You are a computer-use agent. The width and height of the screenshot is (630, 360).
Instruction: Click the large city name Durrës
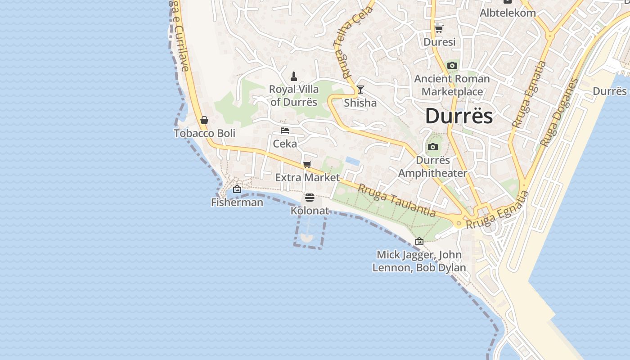(459, 116)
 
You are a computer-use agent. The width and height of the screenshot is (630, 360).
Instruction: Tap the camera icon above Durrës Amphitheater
(433, 147)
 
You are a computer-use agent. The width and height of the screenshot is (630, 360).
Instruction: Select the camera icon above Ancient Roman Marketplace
(452, 66)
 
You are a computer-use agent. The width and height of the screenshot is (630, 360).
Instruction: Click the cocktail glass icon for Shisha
(360, 90)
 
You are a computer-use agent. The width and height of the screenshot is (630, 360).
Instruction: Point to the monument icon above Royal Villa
(294, 76)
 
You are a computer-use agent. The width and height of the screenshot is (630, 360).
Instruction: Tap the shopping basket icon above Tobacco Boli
(204, 120)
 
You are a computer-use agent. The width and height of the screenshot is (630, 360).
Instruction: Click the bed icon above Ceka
(285, 130)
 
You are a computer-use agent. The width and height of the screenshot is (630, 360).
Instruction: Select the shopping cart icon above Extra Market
(307, 164)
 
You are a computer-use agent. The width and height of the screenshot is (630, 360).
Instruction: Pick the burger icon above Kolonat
(309, 198)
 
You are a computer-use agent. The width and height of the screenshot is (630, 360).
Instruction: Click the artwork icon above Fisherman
(237, 189)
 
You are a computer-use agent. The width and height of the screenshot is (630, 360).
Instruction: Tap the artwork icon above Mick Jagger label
(419, 242)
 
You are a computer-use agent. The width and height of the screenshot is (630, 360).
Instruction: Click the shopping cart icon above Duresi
(439, 29)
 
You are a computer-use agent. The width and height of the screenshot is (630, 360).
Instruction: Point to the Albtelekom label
(508, 13)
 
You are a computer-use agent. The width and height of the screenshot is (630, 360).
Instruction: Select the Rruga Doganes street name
(559, 112)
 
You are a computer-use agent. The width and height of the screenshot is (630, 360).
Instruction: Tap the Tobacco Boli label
(204, 133)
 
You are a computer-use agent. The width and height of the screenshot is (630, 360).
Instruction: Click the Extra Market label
(307, 177)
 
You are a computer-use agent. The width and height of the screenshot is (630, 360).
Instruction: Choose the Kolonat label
(310, 211)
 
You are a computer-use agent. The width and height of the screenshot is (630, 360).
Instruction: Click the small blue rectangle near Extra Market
(352, 161)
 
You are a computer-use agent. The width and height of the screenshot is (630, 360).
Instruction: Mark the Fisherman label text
(237, 202)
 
